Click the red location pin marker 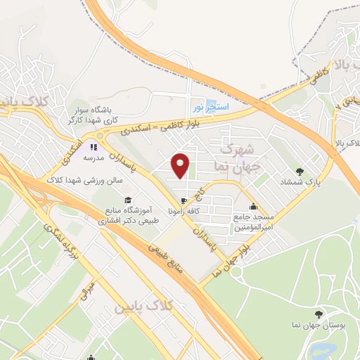181,165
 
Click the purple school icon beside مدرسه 91,148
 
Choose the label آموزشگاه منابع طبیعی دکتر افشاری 132,215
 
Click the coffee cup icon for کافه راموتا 184,200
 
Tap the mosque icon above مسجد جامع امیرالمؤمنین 253,207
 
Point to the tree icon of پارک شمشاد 301,171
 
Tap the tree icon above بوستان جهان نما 319,314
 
